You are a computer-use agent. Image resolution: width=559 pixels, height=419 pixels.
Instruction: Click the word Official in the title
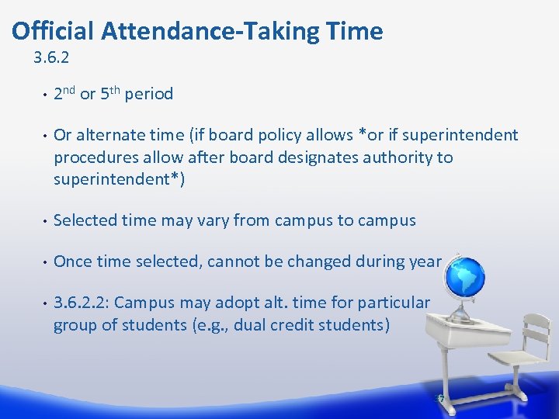pos(54,31)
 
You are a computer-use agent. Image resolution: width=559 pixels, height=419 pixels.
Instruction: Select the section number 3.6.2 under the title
pos(52,57)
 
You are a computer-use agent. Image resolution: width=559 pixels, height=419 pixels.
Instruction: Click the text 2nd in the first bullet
pos(64,94)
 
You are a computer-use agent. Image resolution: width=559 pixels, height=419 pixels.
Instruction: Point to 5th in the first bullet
pos(110,94)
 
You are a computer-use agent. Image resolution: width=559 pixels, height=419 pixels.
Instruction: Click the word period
pos(149,95)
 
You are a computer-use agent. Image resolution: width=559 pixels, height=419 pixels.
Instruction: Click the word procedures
pos(94,158)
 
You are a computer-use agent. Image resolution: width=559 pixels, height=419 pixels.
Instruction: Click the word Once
pos(72,261)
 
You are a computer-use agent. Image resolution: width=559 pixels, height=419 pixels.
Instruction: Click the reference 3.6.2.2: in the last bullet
pos(82,303)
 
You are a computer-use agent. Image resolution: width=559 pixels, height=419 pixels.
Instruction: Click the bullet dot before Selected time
pos(46,221)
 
